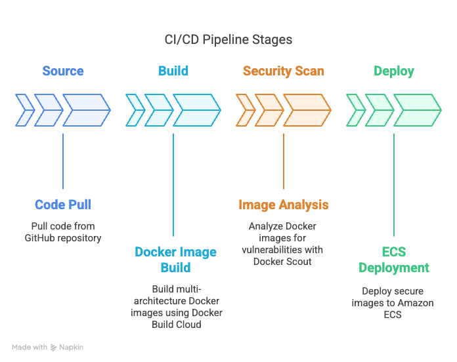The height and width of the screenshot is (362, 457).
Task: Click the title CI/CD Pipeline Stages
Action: tap(228, 39)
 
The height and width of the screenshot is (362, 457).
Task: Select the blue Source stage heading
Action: tap(63, 71)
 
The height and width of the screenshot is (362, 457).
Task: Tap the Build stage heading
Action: tap(173, 71)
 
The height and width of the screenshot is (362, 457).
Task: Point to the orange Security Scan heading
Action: tap(284, 71)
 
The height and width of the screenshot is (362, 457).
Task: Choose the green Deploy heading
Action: tap(394, 71)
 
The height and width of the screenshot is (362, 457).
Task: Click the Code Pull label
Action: tap(63, 205)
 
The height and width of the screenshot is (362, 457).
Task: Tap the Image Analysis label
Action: tap(284, 205)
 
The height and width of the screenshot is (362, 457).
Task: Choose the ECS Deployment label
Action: tap(394, 260)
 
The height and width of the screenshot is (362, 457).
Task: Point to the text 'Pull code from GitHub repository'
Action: tap(63, 231)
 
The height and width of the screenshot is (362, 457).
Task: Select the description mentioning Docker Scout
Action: tap(284, 243)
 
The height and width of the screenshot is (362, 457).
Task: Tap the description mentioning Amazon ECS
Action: tap(394, 302)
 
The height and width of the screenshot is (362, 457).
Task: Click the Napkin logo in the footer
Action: tap(68, 347)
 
